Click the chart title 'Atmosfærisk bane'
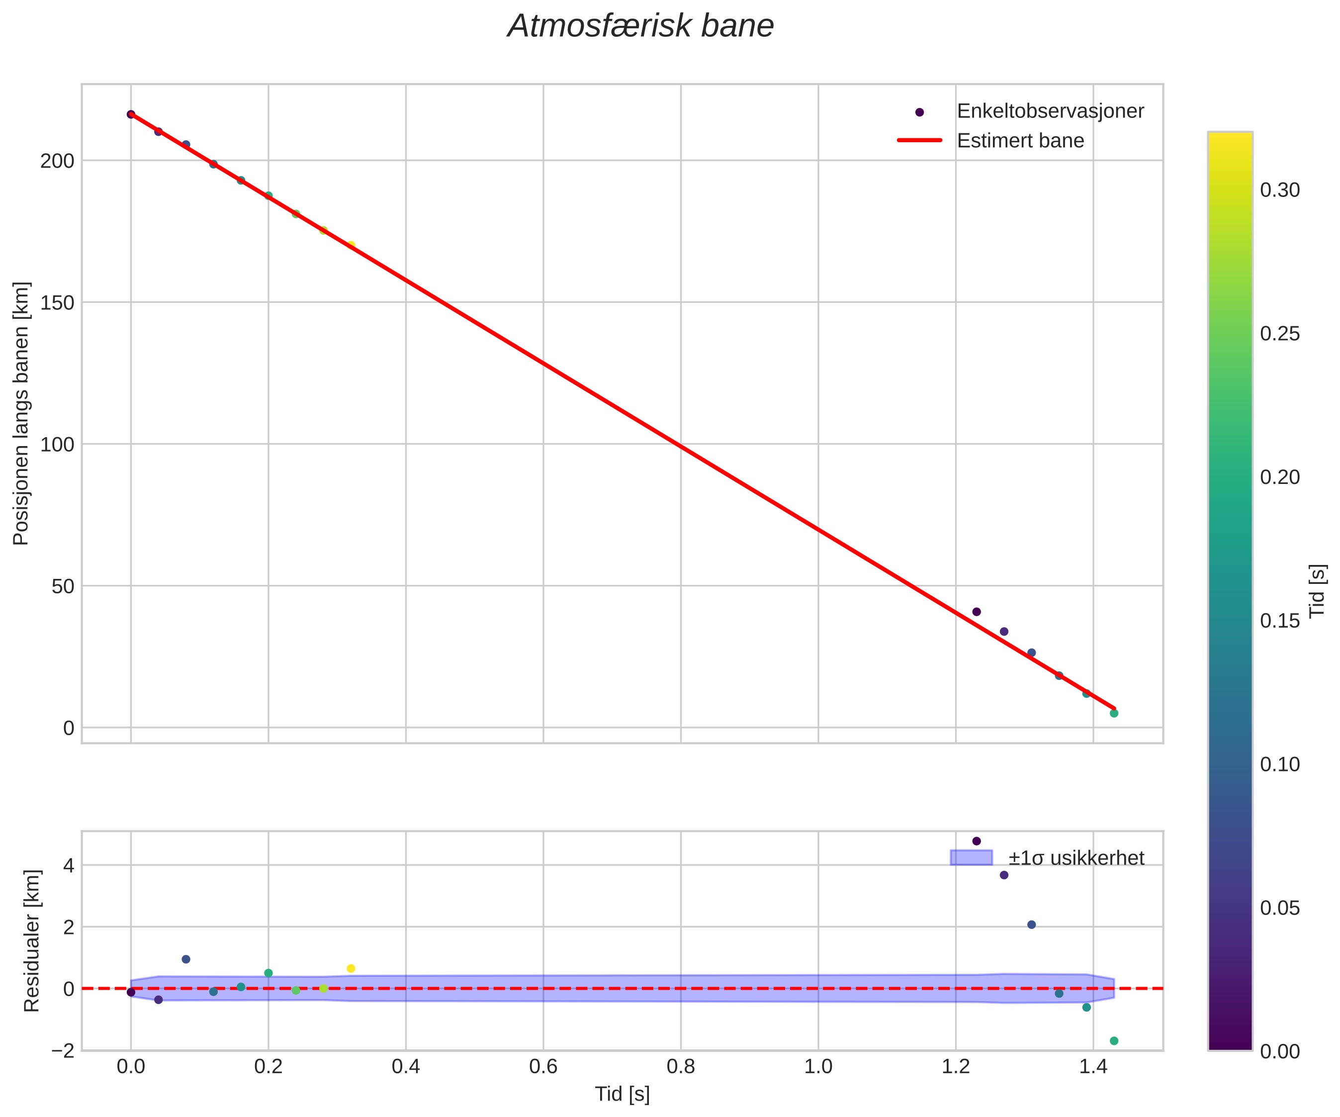coord(640,27)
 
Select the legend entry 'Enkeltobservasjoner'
coord(1050,111)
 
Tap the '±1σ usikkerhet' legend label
coord(1076,858)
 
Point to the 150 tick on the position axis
coord(58,302)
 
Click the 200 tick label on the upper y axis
coord(58,161)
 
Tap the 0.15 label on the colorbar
coord(1279,621)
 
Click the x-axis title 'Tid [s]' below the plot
coord(622,1094)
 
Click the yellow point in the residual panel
coord(351,969)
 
